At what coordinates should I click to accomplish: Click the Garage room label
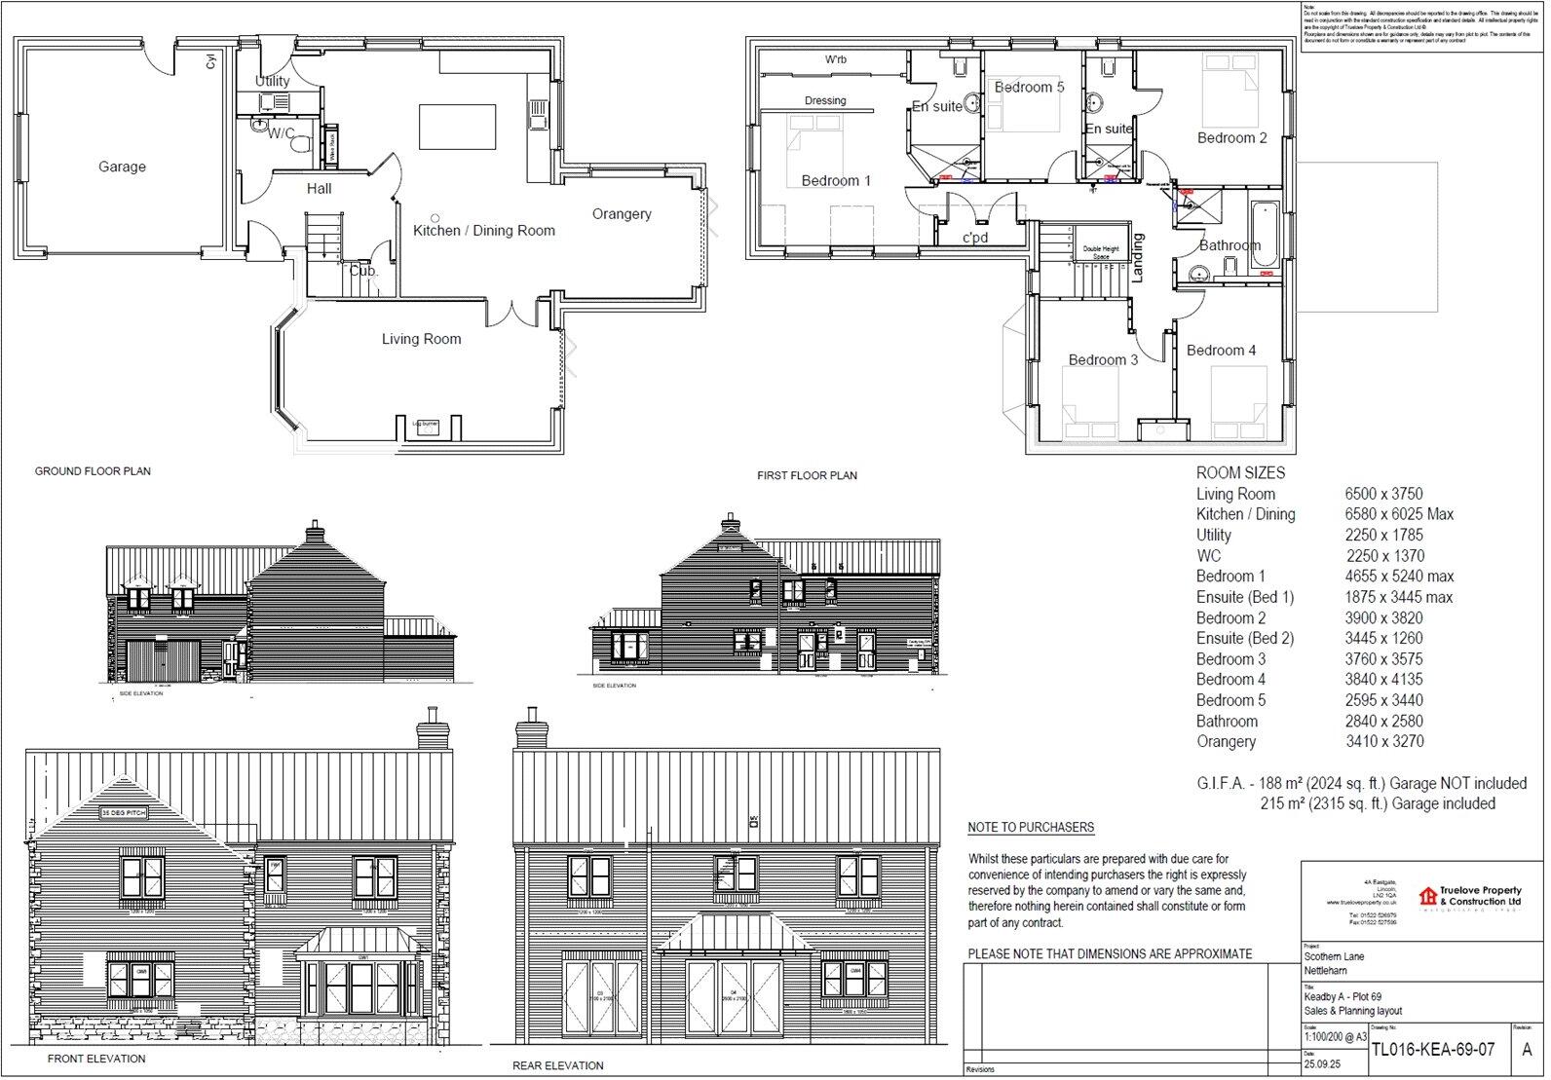122,168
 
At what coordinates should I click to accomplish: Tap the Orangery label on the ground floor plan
622,214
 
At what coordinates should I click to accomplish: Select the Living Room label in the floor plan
421,339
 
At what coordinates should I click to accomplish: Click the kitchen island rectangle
457,127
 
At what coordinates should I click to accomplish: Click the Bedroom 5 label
1029,88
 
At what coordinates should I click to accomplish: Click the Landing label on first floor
1138,258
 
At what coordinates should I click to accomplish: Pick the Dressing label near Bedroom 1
825,100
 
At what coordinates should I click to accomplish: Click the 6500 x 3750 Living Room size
1383,494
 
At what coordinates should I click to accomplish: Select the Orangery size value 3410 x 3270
1383,741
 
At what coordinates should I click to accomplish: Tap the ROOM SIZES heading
1240,472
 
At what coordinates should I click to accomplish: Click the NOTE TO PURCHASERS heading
1030,828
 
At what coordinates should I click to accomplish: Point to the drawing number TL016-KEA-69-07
1432,1050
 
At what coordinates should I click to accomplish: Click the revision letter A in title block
1527,1050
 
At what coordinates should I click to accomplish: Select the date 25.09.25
1321,1064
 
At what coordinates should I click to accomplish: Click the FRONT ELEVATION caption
96,1059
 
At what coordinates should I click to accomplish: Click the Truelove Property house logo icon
1427,896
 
